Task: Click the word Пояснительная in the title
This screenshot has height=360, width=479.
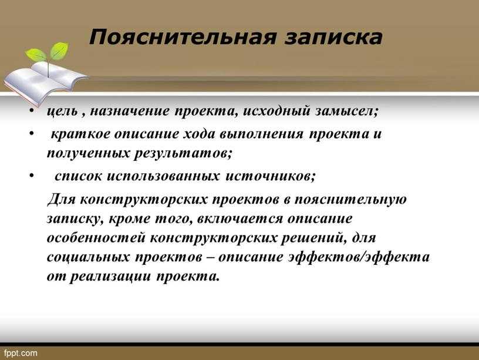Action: (183, 37)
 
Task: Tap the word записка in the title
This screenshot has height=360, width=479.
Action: (333, 38)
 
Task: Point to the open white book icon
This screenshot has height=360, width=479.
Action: (46, 80)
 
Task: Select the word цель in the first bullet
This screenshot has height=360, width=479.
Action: (62, 110)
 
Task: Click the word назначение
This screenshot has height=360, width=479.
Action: (129, 110)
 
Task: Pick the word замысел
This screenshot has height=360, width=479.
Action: (346, 110)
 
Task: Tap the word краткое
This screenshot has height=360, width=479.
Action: (80, 134)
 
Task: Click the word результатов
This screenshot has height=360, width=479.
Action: (183, 153)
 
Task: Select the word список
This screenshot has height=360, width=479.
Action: (78, 176)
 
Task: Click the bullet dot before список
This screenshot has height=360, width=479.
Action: (32, 176)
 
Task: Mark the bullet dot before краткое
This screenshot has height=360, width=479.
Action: (32, 133)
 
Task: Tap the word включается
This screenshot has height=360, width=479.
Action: (240, 219)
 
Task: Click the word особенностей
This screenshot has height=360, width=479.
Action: (96, 238)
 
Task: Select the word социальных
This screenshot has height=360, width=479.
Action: (88, 257)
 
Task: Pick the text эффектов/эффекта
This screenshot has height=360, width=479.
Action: (359, 257)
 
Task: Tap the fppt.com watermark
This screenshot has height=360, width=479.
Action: (21, 354)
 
